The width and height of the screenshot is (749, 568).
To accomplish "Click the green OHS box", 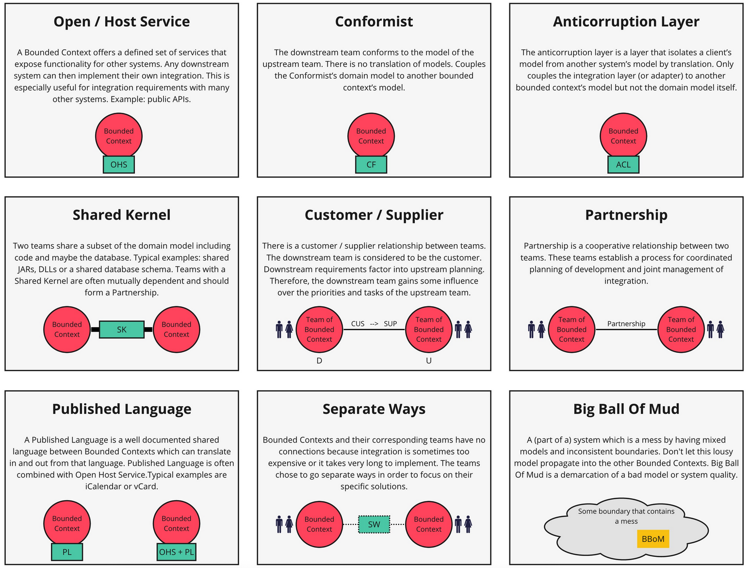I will pos(119,165).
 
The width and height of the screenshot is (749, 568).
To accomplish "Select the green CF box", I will pos(371,165).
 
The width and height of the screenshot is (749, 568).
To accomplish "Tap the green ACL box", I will pos(623,165).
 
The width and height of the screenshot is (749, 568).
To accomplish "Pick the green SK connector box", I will pos(122,330).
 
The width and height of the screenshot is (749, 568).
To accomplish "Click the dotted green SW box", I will pos(374,524).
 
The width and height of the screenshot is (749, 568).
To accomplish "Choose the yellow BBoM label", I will pos(653,539).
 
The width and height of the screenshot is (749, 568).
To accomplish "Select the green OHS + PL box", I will pos(177,552).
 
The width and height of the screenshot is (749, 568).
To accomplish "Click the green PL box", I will pos(67,552).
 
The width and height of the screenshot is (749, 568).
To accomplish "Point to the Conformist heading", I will pos(374,22).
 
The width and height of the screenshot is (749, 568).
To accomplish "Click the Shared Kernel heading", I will pos(122,215).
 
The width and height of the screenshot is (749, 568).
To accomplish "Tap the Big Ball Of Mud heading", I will pos(626,409).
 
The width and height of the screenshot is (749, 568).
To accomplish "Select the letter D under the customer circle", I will pos(319,361).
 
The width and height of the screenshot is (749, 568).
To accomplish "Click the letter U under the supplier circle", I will pos(429,361).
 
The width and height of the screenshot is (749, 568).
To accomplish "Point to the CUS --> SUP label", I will pos(374,324).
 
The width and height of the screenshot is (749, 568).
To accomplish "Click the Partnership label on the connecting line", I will pos(626,324).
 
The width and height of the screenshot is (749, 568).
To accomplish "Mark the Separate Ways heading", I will pos(374,409).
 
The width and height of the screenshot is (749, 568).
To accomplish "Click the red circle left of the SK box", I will pos(67,330).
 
